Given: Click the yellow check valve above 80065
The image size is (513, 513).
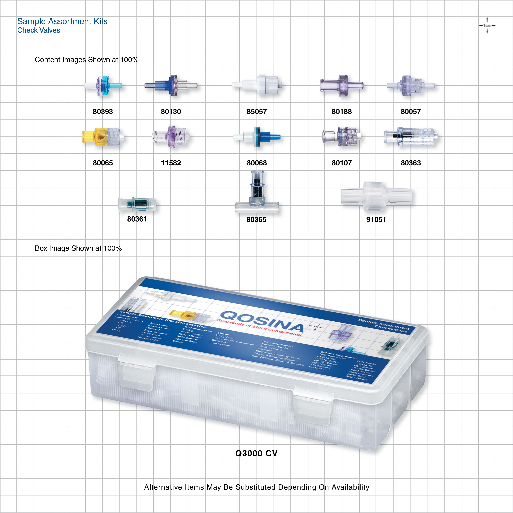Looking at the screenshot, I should pos(102,137).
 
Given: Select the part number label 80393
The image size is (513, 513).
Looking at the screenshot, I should pos(103,112).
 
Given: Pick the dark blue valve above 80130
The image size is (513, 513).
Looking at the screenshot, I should pos(171,85).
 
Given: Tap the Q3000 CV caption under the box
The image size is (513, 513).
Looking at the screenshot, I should pos(256,453).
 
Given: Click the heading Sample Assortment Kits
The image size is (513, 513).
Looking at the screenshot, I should pos(62,21).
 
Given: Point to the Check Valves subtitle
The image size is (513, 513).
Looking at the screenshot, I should pos(39,30).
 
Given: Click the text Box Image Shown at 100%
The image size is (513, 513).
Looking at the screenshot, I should pos(78,248).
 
